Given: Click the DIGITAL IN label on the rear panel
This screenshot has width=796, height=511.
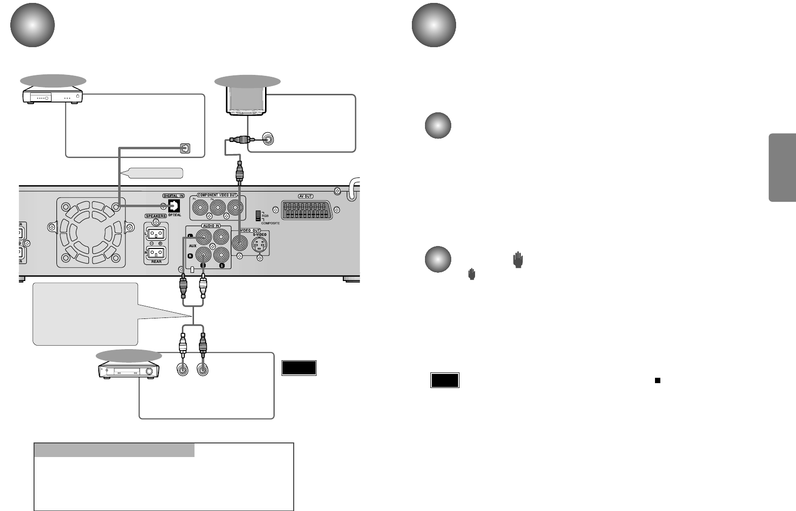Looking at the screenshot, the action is (x=174, y=196).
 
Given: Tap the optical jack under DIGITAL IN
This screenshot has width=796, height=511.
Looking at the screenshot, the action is (x=174, y=206).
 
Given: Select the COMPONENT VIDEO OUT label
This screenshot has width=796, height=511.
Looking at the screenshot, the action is (x=217, y=195).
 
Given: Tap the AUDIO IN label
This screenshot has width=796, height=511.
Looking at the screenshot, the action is (x=211, y=226).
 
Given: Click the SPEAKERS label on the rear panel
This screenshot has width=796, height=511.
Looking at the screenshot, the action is (x=156, y=216).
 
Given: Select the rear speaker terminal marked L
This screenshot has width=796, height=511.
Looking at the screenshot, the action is (x=156, y=234).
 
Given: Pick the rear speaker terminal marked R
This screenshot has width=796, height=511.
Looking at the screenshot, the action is (x=156, y=253).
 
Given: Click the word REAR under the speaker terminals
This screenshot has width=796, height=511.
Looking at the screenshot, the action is (x=156, y=262).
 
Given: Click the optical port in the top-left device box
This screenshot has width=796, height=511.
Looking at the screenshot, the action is (x=185, y=148).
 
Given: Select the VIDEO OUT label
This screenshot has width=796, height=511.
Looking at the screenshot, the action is (x=250, y=230).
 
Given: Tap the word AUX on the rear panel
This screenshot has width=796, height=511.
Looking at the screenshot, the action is (x=193, y=246).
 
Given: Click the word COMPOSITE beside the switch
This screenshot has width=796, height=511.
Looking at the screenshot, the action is (x=270, y=223).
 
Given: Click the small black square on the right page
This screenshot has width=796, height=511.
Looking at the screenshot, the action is (x=657, y=380).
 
